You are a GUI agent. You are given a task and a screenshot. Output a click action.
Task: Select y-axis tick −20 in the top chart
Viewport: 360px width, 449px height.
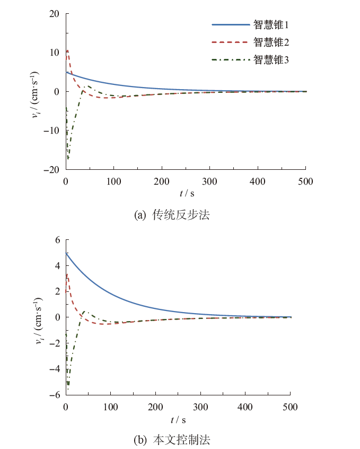(x=53, y=170)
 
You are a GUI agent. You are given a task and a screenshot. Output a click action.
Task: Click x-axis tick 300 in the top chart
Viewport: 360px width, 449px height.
(x=210, y=182)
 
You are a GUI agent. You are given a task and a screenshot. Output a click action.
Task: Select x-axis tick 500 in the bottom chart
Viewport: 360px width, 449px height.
(x=291, y=407)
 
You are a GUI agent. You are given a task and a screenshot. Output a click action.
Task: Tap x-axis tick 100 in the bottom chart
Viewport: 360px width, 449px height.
(x=111, y=407)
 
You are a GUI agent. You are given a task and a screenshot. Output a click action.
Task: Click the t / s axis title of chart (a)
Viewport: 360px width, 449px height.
(x=186, y=195)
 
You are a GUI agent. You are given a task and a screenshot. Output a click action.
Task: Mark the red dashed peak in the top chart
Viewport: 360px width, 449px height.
(x=67, y=50)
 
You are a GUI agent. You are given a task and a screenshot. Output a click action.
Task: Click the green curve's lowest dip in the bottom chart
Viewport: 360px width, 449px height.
(x=68, y=389)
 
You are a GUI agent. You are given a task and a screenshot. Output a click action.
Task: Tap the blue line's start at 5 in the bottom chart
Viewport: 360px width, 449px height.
(x=66, y=253)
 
